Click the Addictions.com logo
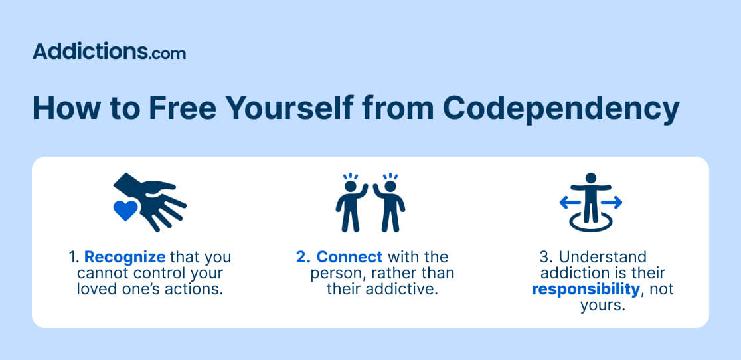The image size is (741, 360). pos(109,52)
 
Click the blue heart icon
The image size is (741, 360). pos(125,211)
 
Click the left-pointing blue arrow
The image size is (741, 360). pos(570,203)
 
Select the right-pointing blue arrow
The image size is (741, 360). pos(612,203)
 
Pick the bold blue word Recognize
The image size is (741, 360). pos(125,258)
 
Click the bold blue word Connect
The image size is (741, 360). pos(349,258)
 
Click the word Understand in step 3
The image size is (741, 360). pos(602,258)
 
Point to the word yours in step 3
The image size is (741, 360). pos(602,305)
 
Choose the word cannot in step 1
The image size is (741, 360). pos(100,273)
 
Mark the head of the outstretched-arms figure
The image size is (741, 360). pos(591,179)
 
